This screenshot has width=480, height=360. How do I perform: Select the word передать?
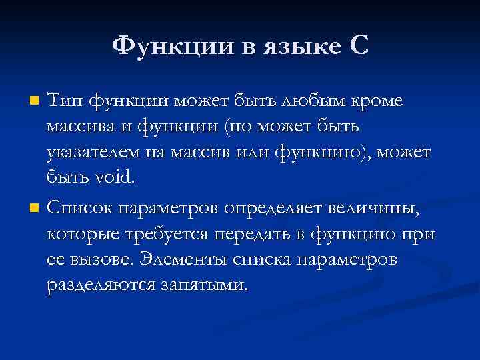coord(255,235)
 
